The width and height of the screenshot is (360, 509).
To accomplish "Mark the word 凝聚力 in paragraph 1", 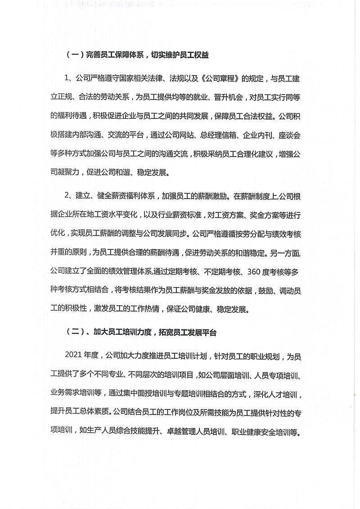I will tap(73, 171).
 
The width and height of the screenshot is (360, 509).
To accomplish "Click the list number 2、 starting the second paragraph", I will tap(69, 196).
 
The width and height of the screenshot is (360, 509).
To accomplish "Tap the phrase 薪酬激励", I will tap(211, 196).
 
